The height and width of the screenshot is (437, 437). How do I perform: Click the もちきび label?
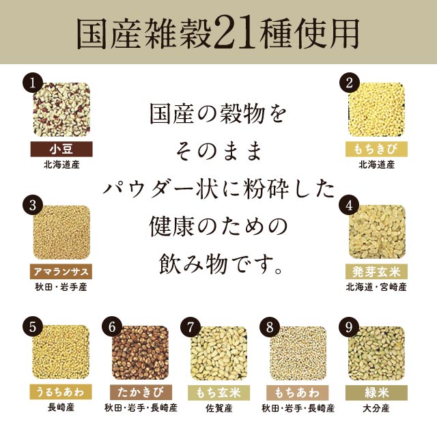click(x=377, y=150)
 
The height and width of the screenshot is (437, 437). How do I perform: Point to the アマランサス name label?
click(x=61, y=271)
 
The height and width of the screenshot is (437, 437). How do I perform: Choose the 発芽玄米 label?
click(x=377, y=271)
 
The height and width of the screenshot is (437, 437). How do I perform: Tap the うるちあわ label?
click(x=61, y=392)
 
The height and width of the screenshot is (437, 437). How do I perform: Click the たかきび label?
click(x=140, y=392)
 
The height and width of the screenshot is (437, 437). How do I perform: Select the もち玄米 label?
click(x=218, y=392)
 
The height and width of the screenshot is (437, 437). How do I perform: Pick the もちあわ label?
click(x=298, y=392)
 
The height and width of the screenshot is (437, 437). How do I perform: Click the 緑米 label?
click(x=377, y=392)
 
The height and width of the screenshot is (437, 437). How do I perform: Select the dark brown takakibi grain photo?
click(x=140, y=355)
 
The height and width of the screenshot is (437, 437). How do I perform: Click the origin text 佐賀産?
click(x=218, y=408)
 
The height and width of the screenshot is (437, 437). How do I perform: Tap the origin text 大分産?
click(x=377, y=408)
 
